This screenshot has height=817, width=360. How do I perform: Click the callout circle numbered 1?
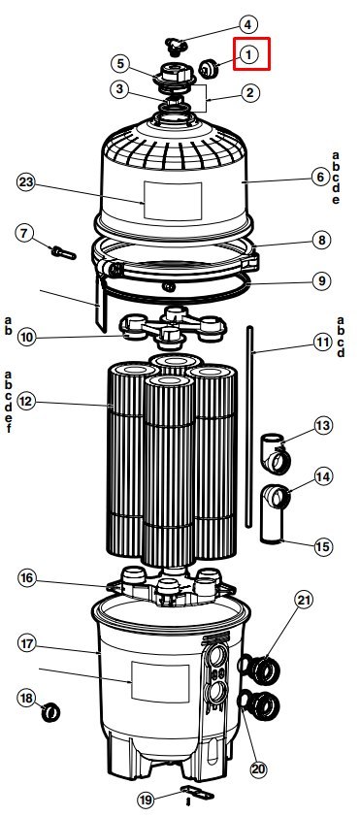point(248,54)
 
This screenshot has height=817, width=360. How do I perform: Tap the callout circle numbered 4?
point(248,24)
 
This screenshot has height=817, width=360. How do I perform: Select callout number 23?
point(26,182)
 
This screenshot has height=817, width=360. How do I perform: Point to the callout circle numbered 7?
point(24,232)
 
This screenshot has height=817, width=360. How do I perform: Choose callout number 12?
point(26,401)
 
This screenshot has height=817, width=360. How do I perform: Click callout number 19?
point(147,800)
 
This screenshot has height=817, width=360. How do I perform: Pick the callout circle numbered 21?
point(305,601)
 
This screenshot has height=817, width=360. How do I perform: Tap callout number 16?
point(27,578)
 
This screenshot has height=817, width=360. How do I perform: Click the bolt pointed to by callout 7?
point(64,253)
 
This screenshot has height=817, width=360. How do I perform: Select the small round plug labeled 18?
point(51,712)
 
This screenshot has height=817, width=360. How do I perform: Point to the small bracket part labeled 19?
point(197,793)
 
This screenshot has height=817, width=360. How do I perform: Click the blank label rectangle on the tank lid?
point(173,201)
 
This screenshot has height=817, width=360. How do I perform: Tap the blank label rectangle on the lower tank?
point(160,682)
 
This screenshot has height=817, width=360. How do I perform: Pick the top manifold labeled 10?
point(173,327)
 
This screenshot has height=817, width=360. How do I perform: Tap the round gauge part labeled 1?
point(210,68)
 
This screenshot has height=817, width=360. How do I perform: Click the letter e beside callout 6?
point(336,200)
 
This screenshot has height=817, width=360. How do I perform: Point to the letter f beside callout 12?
point(9,429)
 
